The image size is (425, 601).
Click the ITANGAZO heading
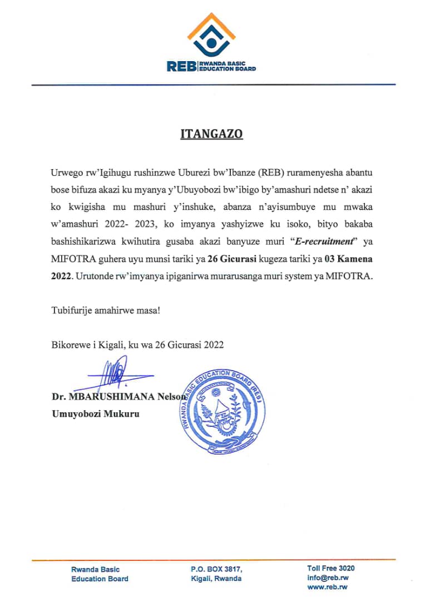click(x=212, y=135)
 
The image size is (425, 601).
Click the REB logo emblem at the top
click(x=211, y=35)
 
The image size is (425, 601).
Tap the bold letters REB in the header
click(x=181, y=66)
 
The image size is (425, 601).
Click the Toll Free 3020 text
click(x=330, y=568)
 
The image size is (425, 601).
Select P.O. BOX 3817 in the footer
click(x=216, y=569)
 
